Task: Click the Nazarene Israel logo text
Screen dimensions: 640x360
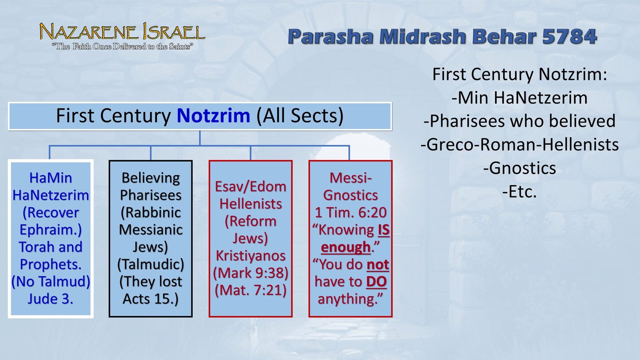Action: pos(122,32)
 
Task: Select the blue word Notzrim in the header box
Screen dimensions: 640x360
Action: pos(214,116)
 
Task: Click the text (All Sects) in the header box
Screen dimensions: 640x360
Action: pos(300,116)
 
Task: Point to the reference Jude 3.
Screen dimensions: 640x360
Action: pos(50,299)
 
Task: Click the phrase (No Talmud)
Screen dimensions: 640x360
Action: pos(50,282)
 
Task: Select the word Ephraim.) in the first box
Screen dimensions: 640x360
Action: pos(50,230)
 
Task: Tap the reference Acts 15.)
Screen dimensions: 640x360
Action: pos(150,299)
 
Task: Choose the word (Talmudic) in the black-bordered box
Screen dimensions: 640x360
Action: pos(150,264)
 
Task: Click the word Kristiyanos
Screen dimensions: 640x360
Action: pos(250,256)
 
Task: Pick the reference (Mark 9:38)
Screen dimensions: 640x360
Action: pos(250,273)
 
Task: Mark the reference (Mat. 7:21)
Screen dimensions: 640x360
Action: pos(250,290)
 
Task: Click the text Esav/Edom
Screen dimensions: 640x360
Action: pos(250,187)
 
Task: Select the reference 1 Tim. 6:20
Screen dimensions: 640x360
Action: pos(350,212)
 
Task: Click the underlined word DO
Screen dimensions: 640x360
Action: pos(376,282)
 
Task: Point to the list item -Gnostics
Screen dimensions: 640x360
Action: pos(520,168)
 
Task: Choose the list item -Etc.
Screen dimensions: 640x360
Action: pos(520,192)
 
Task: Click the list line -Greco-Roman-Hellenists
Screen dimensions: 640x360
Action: pos(520,144)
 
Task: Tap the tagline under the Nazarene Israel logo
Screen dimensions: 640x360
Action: pos(122,46)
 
